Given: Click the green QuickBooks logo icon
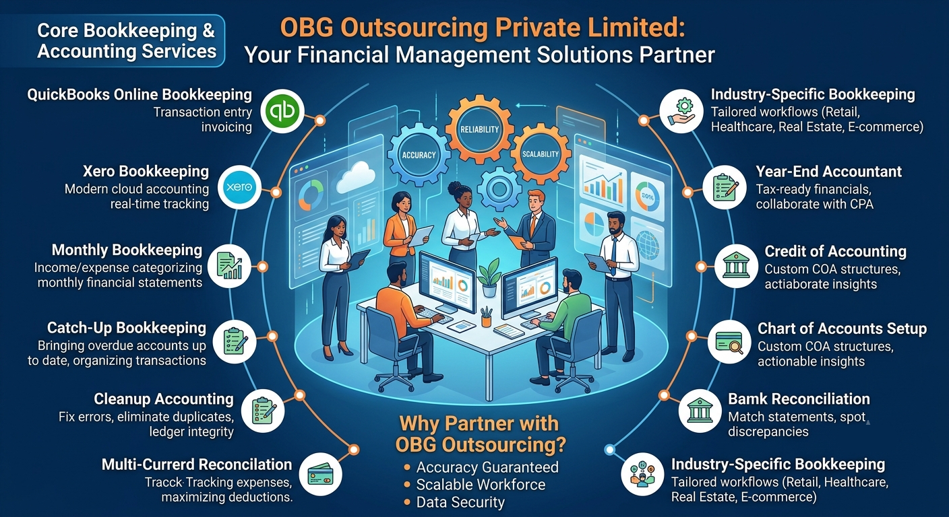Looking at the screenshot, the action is (x=282, y=111).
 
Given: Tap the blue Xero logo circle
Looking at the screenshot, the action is (x=239, y=186).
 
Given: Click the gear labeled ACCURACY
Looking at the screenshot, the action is (x=419, y=155).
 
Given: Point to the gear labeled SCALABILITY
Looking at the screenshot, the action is (x=541, y=154).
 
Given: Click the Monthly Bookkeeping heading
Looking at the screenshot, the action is (x=127, y=250).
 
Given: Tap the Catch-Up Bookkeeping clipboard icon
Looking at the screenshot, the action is (x=235, y=341).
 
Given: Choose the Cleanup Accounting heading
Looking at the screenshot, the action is (x=164, y=399).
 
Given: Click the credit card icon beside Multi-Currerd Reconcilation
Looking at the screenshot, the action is (x=320, y=474).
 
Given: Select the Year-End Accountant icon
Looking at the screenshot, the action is (x=725, y=186).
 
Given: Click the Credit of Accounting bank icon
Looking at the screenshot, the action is (x=736, y=266).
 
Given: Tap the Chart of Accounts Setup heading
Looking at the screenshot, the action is (x=842, y=329).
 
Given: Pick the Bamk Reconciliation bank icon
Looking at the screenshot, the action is (x=700, y=411).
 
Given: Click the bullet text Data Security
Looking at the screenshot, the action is (x=460, y=502).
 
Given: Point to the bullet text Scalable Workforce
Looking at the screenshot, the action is (x=481, y=485).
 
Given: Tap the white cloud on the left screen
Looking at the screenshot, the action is (x=356, y=177).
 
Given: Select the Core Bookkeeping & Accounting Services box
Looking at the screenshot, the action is (x=113, y=41).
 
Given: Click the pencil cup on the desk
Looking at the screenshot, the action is (x=487, y=317).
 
